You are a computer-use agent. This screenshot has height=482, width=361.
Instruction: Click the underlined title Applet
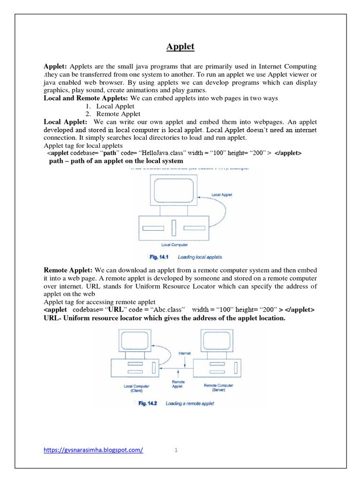180,47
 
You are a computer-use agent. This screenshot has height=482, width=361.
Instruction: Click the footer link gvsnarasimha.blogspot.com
93,450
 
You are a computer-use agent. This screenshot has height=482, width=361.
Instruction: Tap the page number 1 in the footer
176,450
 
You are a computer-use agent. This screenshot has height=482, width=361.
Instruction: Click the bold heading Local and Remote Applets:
86,98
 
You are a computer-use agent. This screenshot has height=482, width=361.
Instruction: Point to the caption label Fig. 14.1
161,257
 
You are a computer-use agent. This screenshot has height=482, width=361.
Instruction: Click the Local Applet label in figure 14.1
221,194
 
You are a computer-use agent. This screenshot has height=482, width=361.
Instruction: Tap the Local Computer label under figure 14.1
175,245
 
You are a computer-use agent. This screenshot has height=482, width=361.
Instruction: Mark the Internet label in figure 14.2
185,353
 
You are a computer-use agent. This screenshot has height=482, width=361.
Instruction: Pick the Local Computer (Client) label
137,388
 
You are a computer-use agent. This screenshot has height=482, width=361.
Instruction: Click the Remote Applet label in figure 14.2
178,384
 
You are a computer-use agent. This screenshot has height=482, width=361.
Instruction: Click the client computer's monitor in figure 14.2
136,340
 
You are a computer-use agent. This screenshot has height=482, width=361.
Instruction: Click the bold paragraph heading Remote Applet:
68,270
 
